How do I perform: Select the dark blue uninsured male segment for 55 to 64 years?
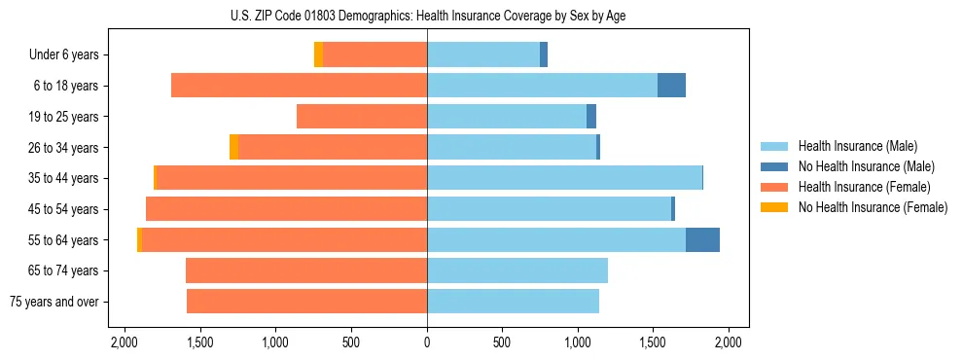702,240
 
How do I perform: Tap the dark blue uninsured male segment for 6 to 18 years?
671,86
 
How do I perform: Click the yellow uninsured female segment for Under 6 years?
318,54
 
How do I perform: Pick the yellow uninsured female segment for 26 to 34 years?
233,147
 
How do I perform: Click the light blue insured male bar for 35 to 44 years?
564,178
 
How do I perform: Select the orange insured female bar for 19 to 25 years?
362,117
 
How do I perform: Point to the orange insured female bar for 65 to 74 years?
306,270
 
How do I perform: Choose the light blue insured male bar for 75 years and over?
513,302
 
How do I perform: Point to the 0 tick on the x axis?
427,342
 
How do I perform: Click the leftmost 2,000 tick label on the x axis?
125,342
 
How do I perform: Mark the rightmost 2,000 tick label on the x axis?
729,342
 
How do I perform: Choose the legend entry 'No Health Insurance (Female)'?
872,207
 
